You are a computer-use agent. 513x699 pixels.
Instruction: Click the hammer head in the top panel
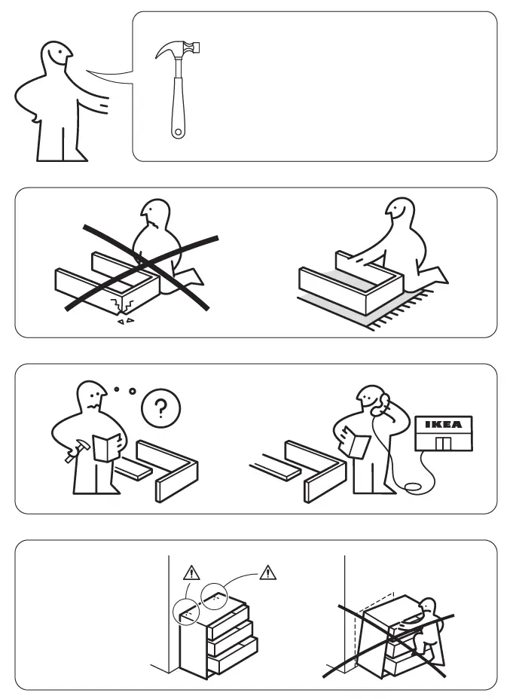181,50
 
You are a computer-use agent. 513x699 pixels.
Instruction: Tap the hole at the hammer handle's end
178,133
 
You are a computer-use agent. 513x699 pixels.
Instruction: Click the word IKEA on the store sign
443,425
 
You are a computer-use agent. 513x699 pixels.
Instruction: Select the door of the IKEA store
443,441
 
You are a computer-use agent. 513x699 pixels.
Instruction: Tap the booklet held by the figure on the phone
356,444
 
